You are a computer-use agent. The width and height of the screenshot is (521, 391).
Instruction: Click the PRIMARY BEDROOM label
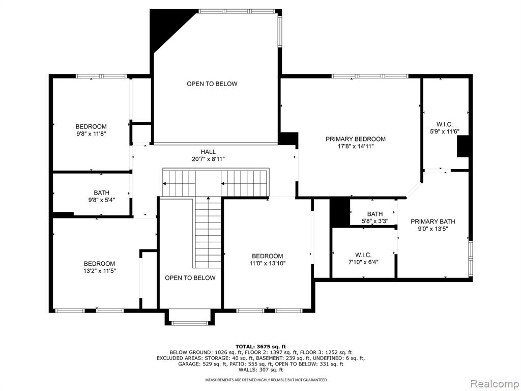pos(356,139)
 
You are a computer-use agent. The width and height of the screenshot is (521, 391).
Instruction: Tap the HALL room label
pos(208,152)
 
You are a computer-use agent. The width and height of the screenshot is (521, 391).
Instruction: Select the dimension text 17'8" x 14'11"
pos(356,146)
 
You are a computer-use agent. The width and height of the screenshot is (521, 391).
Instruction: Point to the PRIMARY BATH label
pos(432,221)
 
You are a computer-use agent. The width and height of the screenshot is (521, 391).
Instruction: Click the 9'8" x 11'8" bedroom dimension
pos(91,134)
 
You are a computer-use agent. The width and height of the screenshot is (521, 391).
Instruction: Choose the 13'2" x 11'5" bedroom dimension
pos(99,271)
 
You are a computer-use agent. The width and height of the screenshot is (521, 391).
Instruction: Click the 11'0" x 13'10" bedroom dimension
pos(268,263)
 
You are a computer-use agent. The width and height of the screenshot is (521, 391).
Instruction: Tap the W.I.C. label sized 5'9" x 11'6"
pos(445,124)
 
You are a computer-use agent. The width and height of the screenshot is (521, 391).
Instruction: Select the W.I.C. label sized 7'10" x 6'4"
pos(363,255)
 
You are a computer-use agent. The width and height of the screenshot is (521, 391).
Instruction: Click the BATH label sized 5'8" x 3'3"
pos(375,214)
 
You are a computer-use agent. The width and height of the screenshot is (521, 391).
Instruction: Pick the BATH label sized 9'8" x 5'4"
pos(101,192)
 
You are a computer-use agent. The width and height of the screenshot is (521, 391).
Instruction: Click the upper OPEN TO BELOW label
pos(212,84)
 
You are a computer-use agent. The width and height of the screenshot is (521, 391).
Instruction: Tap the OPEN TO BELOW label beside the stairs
pos(190,278)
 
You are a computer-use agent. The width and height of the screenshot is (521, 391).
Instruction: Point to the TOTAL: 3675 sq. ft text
pos(260,346)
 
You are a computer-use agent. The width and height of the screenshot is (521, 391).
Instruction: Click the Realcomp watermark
pos(495,384)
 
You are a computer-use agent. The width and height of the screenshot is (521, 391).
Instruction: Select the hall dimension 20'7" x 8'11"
pos(208,159)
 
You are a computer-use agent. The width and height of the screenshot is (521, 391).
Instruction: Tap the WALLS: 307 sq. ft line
pos(260,370)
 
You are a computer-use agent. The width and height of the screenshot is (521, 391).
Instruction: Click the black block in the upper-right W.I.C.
pos(463,146)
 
